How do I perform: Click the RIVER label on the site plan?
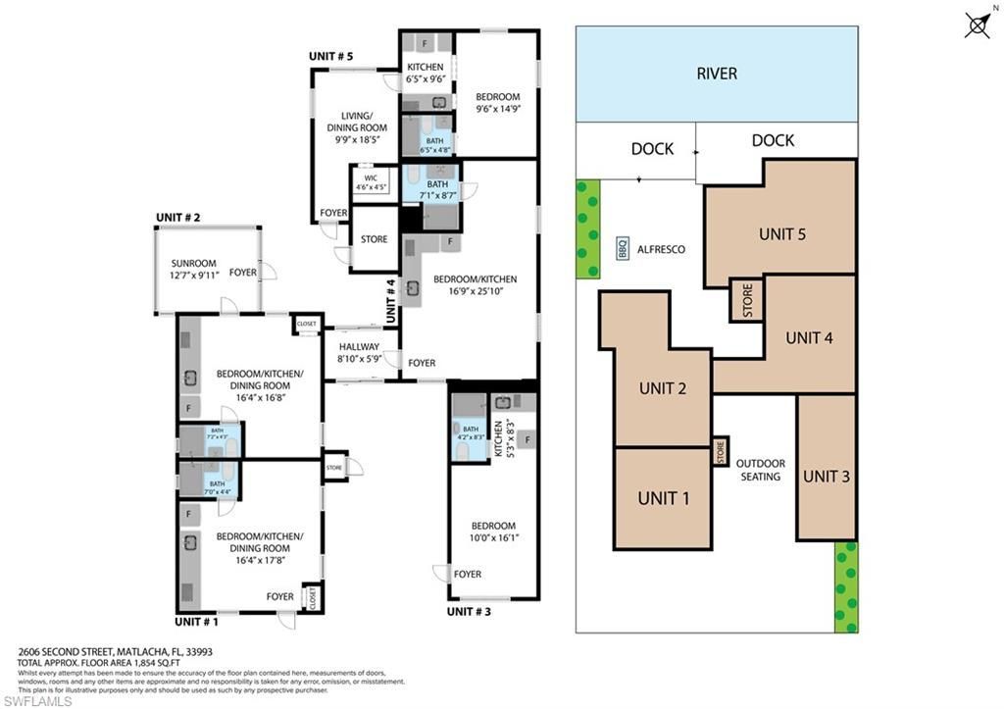point(716,74)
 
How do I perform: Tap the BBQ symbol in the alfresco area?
point(623,249)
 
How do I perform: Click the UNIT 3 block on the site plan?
point(826,476)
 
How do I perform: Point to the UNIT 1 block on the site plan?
point(663,498)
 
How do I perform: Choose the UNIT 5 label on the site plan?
point(782,234)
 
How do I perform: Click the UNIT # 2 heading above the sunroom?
point(177,218)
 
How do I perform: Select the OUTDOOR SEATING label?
point(760,470)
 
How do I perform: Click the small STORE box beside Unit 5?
point(746,299)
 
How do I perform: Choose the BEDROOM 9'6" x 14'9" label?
point(497,103)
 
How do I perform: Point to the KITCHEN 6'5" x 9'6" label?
point(426,74)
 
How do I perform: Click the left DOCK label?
point(652,149)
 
